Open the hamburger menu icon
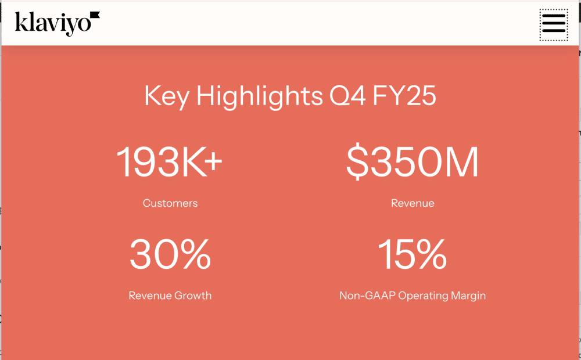tap(554, 24)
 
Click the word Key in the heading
tap(167, 96)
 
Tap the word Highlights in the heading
tap(259, 96)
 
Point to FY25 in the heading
tap(405, 96)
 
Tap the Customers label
tap(170, 203)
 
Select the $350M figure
tap(412, 162)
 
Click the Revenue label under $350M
tap(412, 203)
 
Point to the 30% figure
tap(170, 254)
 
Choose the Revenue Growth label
tap(170, 296)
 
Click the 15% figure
tap(412, 254)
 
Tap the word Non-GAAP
tap(364, 296)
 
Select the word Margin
tap(468, 296)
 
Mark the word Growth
tap(192, 296)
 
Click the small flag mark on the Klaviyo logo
tap(95, 15)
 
